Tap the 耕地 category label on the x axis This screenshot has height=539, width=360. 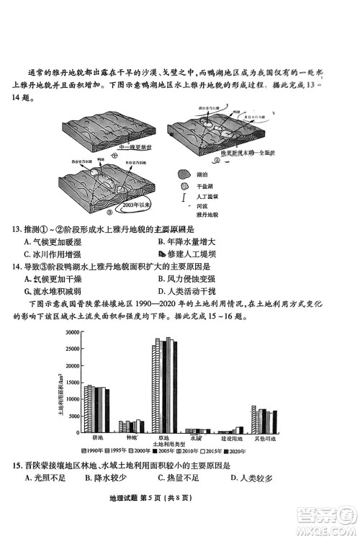point(98,437)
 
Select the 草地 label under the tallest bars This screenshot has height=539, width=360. point(163,437)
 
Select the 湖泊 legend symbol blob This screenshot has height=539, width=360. point(181,174)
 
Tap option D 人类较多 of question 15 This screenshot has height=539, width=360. point(249,477)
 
